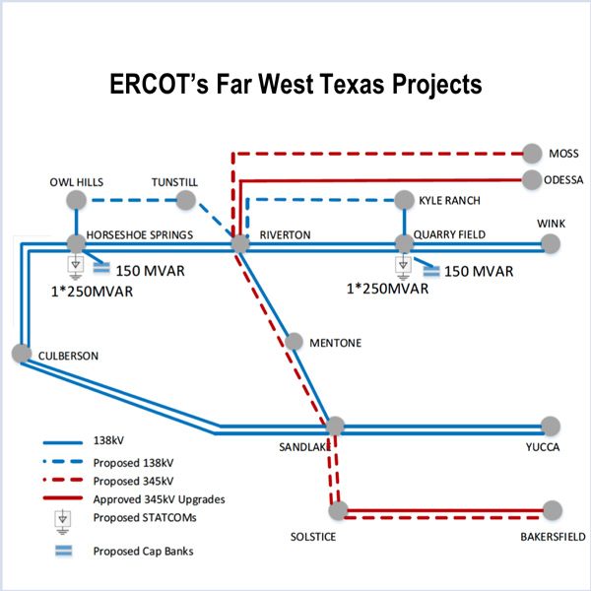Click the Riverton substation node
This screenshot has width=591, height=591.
click(x=237, y=243)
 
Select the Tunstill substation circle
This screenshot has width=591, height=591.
click(x=185, y=201)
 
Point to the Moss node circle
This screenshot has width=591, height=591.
click(x=532, y=154)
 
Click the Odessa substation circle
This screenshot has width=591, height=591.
click(x=532, y=179)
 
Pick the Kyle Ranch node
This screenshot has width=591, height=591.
click(x=403, y=200)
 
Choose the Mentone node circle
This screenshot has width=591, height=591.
click(x=294, y=342)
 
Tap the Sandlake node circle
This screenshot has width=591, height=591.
click(x=335, y=426)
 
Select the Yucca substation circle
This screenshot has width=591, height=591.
click(x=551, y=427)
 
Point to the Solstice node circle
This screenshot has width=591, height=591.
click(x=338, y=510)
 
